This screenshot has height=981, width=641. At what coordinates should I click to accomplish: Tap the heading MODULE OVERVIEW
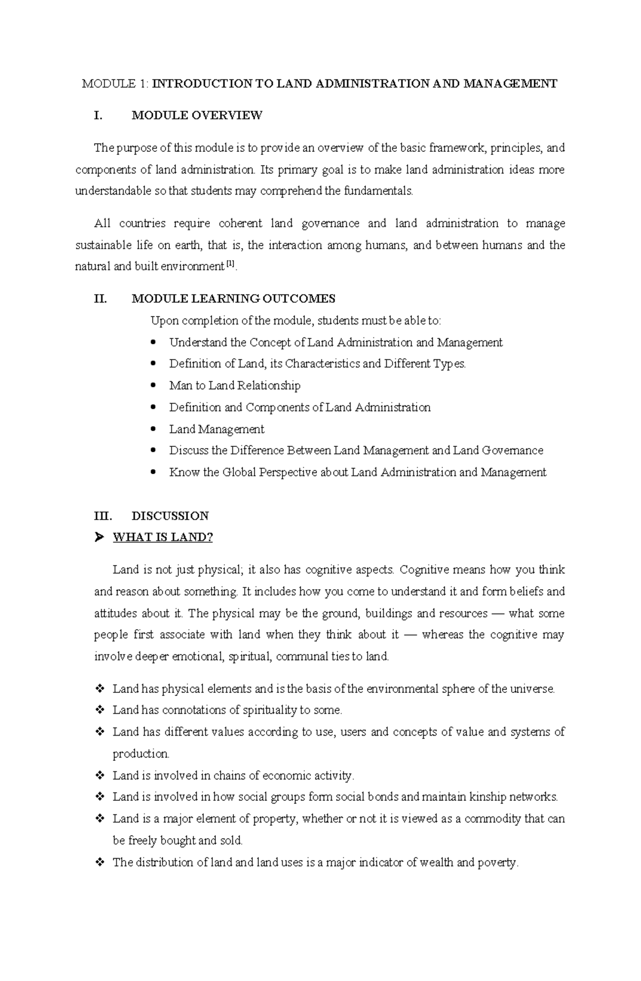(x=197, y=115)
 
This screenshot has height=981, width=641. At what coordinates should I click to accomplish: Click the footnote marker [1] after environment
(x=230, y=264)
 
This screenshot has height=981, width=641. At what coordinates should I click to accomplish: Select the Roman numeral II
(x=100, y=299)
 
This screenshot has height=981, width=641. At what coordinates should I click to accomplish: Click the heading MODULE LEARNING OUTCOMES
(x=233, y=299)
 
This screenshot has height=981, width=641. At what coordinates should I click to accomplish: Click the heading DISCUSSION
(x=170, y=516)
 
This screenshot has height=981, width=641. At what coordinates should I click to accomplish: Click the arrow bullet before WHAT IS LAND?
(x=98, y=538)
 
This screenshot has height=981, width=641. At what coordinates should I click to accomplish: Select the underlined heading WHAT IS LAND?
(x=162, y=538)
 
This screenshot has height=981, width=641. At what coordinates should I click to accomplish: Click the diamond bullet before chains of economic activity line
(x=99, y=776)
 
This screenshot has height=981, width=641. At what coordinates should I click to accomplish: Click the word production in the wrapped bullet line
(x=140, y=754)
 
